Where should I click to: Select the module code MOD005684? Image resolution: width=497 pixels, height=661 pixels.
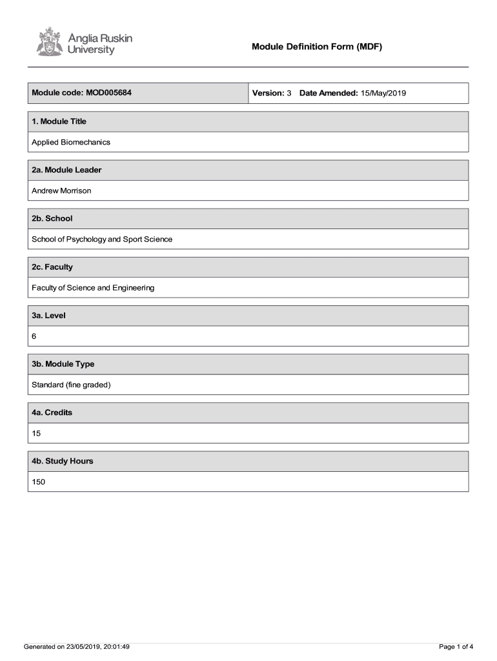pos(107,93)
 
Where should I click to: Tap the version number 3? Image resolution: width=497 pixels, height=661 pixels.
pos(289,93)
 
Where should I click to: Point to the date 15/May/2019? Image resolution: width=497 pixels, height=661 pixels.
pos(383,93)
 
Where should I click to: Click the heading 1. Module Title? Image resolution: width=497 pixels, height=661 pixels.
pos(59,121)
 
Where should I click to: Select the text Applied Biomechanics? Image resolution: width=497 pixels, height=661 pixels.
pos(71,142)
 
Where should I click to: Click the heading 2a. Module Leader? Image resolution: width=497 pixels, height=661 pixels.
pos(66,170)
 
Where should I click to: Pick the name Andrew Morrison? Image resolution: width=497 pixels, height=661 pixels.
pos(61,190)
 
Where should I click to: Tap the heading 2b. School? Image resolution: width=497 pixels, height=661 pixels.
pos(52,218)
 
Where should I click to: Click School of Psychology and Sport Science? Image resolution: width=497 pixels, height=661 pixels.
pos(102,239)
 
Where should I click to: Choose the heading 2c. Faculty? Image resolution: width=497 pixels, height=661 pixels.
pos(52,267)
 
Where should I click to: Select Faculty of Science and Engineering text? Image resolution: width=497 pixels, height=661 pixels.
pos(93,287)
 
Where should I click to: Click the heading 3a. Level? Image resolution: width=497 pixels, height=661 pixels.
pos(48,316)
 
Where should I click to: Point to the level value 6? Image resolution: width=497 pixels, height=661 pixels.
pos(34,336)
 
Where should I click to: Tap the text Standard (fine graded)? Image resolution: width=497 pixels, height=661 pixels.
pos(71,385)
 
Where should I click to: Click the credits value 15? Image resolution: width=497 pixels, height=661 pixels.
pos(36,433)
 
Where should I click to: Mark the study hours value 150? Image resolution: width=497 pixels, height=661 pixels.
pos(38,482)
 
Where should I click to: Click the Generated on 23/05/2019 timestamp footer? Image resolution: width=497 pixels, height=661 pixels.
pos(77,647)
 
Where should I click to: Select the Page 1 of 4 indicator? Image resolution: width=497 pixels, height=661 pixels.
pos(456,647)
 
